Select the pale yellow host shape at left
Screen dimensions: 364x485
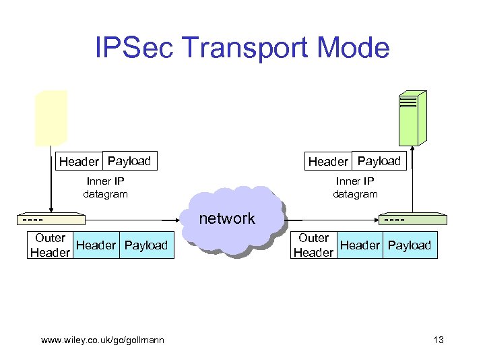(x=51, y=118)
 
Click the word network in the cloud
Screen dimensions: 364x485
(x=227, y=218)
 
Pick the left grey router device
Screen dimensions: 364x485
(x=51, y=219)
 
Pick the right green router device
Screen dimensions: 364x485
(x=411, y=219)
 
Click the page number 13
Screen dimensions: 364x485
(x=438, y=340)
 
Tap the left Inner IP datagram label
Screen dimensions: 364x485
(x=105, y=187)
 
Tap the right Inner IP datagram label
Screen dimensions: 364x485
(x=355, y=187)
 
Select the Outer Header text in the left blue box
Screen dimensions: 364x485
(x=50, y=245)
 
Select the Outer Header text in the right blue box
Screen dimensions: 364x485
(x=313, y=245)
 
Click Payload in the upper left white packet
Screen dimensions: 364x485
(x=129, y=161)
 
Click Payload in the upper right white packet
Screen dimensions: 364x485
(x=379, y=161)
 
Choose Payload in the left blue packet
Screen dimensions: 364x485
(x=146, y=245)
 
